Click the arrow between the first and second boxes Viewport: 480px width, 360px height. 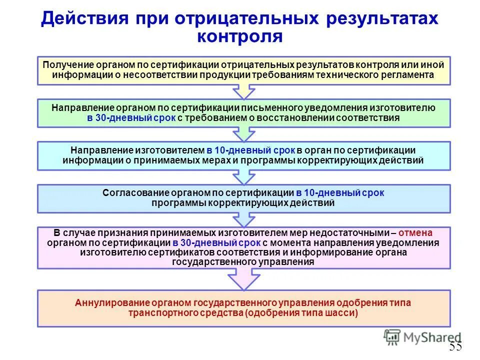click(244, 91)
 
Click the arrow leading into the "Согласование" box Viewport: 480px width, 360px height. click(244, 177)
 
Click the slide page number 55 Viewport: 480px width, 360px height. click(455, 346)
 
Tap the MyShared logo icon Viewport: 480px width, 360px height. click(392, 337)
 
